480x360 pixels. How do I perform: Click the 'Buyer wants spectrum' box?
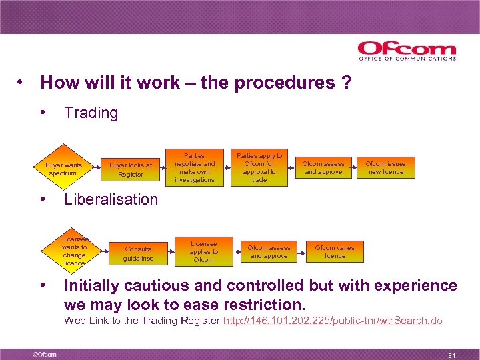(x=63, y=168)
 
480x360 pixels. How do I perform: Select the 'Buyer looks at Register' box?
(x=131, y=169)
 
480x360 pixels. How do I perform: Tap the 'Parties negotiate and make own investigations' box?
(x=195, y=167)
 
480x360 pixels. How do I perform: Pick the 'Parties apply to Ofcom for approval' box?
(x=259, y=167)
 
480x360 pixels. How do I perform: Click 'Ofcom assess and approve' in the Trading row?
(x=323, y=167)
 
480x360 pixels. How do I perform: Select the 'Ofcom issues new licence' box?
(x=386, y=167)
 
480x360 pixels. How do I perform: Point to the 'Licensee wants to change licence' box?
(x=74, y=251)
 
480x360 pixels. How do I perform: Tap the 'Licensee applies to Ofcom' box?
(x=204, y=251)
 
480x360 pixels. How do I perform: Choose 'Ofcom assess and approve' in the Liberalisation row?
(x=269, y=251)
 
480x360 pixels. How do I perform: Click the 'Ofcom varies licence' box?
(x=335, y=251)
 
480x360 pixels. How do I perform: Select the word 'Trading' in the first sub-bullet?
(x=91, y=113)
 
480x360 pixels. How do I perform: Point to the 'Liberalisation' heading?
(x=111, y=199)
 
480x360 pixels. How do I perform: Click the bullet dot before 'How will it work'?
(x=22, y=83)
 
